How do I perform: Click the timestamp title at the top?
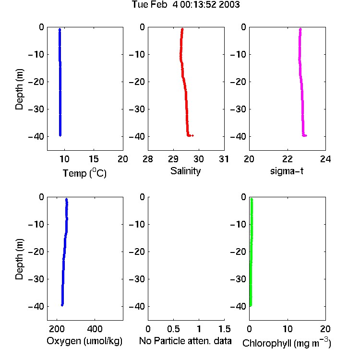click(186, 4)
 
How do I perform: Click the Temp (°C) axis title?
click(84, 173)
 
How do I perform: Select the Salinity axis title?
click(185, 171)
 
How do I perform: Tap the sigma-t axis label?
click(287, 171)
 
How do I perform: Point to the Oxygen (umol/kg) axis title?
click(84, 341)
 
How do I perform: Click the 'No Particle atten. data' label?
click(185, 341)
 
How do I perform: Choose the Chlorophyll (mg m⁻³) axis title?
click(287, 343)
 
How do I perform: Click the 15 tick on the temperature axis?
click(94, 159)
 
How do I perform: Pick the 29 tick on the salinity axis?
click(173, 159)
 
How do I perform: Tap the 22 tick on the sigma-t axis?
click(288, 159)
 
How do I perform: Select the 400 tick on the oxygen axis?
click(95, 329)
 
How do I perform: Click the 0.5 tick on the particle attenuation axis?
click(173, 329)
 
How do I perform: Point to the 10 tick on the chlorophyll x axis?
click(288, 329)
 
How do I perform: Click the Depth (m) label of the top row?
click(19, 89)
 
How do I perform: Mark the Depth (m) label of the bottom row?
click(19, 259)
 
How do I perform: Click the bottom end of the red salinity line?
click(193, 135)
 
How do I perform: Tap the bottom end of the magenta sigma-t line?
click(306, 135)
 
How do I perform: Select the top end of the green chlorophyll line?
click(252, 199)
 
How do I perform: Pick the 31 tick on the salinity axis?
click(224, 159)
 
